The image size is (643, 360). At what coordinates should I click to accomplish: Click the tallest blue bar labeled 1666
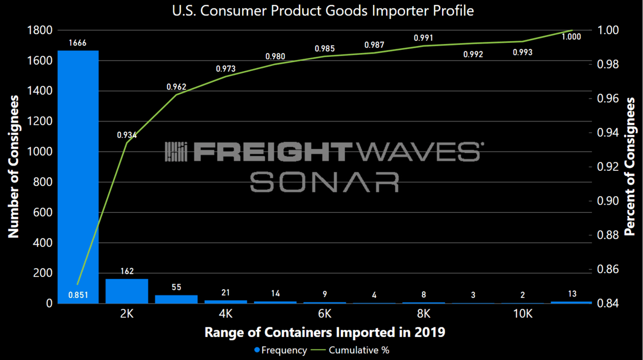[x=78, y=177]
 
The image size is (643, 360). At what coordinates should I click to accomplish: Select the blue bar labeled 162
[x=126, y=291]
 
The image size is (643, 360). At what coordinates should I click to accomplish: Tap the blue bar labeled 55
[x=176, y=299]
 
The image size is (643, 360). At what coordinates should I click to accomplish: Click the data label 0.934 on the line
[x=127, y=135]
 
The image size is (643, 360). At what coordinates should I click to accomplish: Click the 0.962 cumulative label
[x=176, y=87]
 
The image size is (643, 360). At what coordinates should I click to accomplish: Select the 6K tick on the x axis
[x=325, y=313]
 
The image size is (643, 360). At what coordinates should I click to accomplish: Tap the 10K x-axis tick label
[x=522, y=313]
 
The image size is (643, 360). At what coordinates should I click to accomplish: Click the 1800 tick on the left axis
[x=38, y=31]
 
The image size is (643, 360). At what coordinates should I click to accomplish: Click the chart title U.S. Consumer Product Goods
[x=322, y=11]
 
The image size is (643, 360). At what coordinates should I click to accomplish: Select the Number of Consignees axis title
[x=14, y=166]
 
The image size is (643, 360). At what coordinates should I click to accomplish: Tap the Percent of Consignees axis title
[x=631, y=166]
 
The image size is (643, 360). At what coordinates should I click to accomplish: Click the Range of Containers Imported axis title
[x=325, y=332]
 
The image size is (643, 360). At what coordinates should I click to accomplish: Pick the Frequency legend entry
[x=281, y=350]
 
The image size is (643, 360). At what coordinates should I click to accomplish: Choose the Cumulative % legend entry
[x=354, y=350]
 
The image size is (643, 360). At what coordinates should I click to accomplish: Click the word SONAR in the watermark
[x=325, y=182]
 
